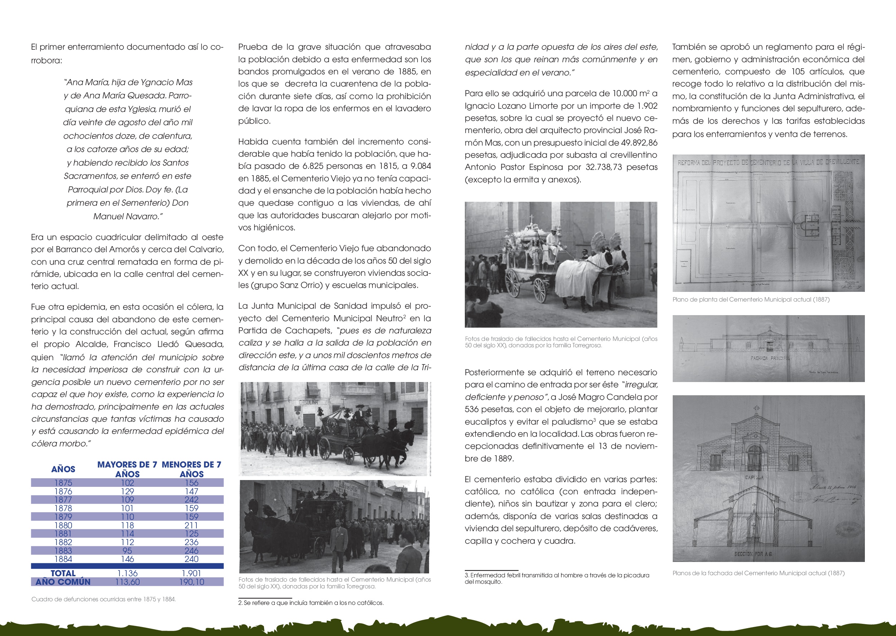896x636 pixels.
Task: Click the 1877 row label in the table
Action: (x=63, y=500)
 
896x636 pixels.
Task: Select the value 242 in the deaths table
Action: (x=191, y=500)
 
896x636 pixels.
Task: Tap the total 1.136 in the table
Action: (x=127, y=573)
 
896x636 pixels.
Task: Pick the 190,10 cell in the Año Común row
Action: (x=191, y=582)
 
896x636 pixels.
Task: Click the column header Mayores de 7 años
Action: (x=127, y=469)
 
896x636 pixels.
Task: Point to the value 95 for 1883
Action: (x=127, y=551)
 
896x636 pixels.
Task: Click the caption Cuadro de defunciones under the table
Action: (x=104, y=599)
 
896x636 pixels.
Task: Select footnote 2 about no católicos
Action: (x=311, y=603)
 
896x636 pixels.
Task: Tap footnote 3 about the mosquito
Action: (x=557, y=578)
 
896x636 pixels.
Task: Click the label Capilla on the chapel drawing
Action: (x=754, y=478)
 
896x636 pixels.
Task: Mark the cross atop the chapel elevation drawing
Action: (x=756, y=409)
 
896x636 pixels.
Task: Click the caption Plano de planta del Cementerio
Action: (x=751, y=300)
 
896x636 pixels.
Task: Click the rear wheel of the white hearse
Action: (x=513, y=283)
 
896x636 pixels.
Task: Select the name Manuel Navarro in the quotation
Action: (x=128, y=216)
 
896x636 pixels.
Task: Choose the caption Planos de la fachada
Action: (x=758, y=573)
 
